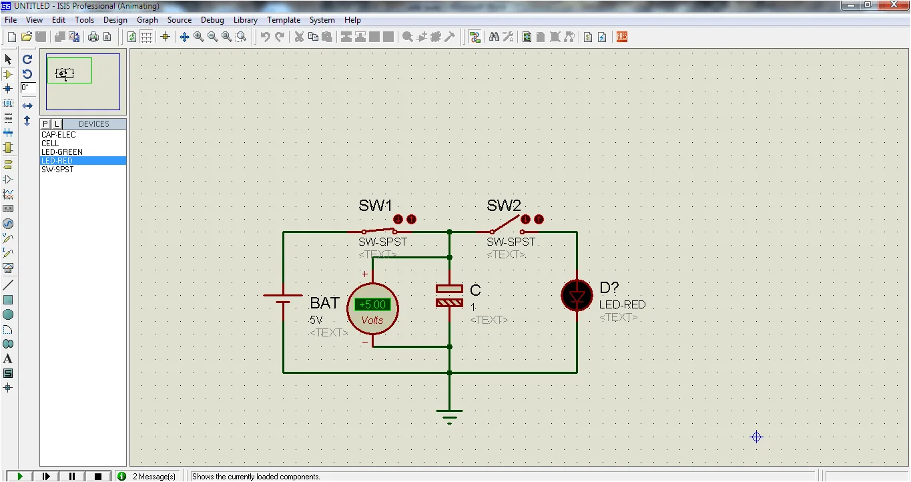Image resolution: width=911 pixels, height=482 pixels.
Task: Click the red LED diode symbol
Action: point(577,296)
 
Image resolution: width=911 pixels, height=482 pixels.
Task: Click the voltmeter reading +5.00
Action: point(372,304)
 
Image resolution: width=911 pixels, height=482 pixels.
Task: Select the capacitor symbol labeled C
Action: point(449,296)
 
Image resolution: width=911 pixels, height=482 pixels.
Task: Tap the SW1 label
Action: point(375,206)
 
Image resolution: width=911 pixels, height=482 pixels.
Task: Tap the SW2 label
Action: point(503,206)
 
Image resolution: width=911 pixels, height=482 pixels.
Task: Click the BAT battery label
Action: point(324,303)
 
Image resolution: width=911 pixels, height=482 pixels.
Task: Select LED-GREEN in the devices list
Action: point(62,152)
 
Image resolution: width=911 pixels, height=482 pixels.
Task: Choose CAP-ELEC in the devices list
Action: point(59,135)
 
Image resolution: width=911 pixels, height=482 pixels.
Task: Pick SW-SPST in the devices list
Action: point(57,170)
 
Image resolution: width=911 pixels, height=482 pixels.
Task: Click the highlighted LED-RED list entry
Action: point(57,161)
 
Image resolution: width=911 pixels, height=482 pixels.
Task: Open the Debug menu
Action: point(212,20)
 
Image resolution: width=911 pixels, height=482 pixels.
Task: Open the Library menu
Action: point(245,20)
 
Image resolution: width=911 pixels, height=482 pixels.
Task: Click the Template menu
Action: point(284,20)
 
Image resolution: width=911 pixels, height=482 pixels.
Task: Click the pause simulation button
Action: point(72,476)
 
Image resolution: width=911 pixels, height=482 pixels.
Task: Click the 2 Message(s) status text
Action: point(154,477)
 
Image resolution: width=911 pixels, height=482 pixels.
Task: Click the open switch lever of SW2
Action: point(505,223)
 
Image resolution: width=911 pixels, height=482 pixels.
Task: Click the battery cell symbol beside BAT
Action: point(283,299)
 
